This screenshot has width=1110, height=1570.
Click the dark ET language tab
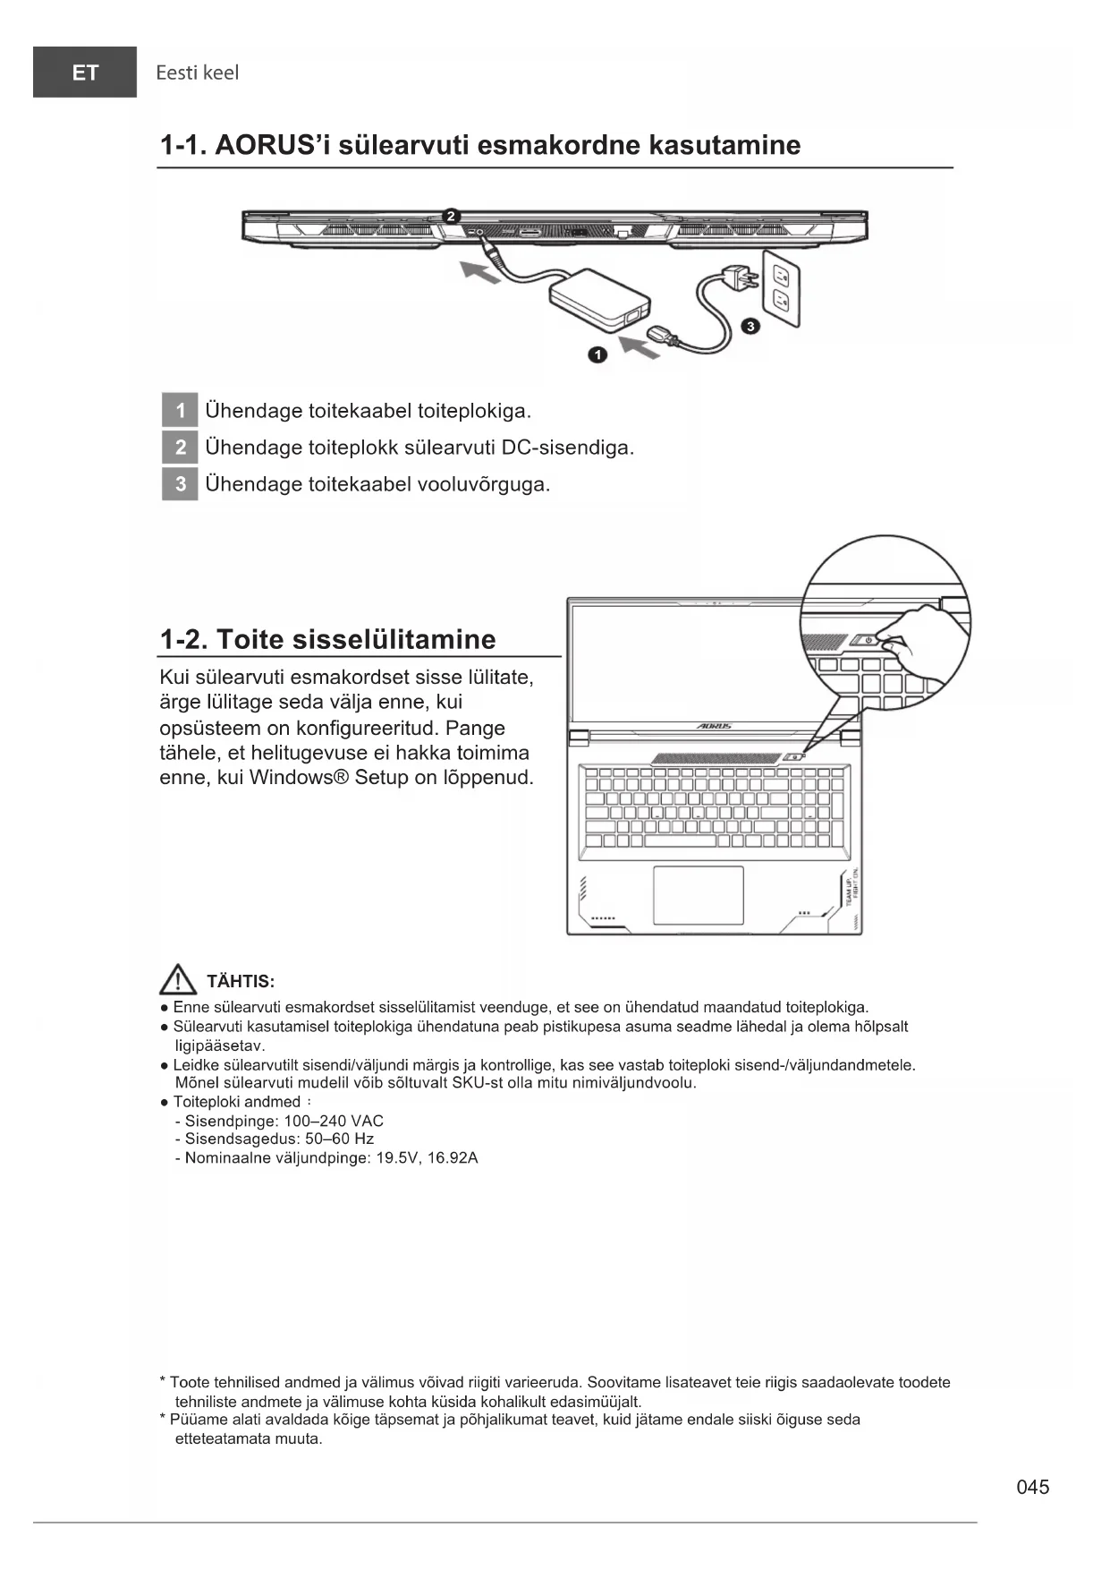click(x=85, y=73)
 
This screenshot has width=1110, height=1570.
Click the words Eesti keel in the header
click(x=197, y=73)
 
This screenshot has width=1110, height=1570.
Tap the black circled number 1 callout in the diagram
click(x=597, y=355)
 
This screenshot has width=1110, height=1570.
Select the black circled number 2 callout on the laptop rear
click(x=452, y=216)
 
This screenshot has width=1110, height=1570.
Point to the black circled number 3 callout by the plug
click(x=750, y=326)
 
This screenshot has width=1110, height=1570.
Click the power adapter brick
click(x=600, y=298)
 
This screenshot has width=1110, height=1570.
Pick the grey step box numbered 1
click(x=180, y=411)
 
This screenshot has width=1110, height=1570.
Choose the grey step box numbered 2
click(x=180, y=448)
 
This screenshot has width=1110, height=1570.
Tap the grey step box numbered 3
click(x=180, y=484)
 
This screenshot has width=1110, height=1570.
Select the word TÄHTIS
click(x=241, y=982)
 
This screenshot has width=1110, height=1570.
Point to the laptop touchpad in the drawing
click(x=699, y=894)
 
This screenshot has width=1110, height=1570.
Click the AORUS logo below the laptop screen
click(x=713, y=726)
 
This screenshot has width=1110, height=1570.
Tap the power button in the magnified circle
click(x=867, y=640)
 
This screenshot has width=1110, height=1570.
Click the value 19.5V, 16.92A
click(x=428, y=1158)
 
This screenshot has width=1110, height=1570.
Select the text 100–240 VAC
click(x=334, y=1121)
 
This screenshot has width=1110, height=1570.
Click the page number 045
click(x=1033, y=1487)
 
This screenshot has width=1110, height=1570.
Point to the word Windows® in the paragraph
click(x=298, y=777)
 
